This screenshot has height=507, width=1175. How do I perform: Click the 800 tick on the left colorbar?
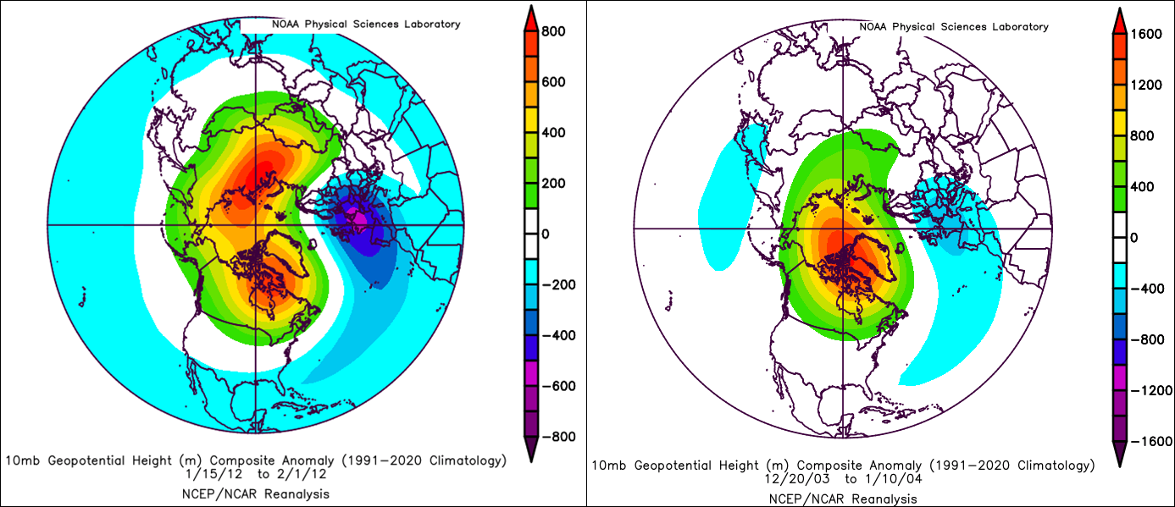click(x=556, y=32)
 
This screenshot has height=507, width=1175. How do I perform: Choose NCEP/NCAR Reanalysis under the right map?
click(x=844, y=498)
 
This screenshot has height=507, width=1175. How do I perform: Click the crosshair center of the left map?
click(x=256, y=225)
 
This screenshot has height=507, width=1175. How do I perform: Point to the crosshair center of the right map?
click(x=844, y=229)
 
